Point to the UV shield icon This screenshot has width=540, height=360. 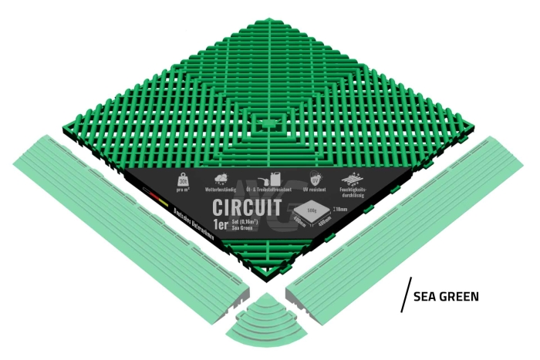[314, 178]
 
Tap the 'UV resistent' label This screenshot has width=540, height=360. [314, 189]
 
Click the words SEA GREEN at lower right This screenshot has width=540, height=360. [447, 296]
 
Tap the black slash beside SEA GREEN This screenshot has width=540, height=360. [405, 294]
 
